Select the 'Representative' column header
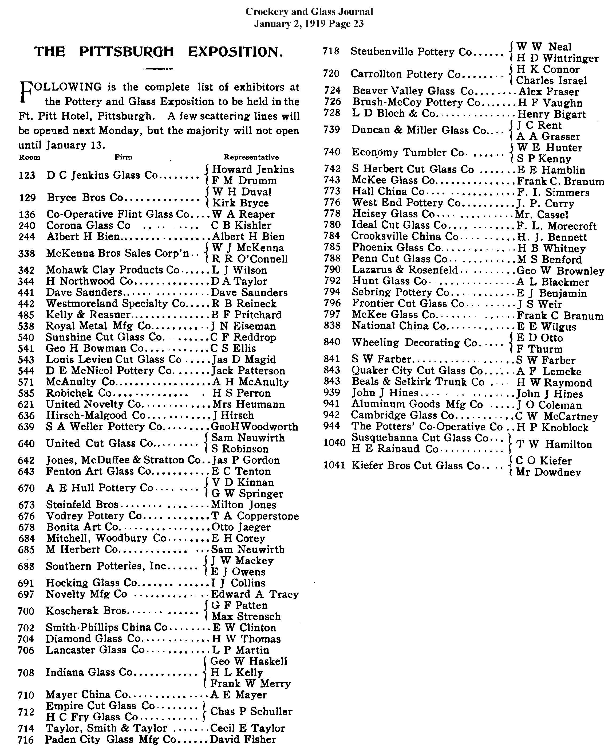point(251,157)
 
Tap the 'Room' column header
point(29,157)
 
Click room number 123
point(27,175)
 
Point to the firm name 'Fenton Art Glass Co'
point(98,471)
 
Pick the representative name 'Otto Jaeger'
point(241,527)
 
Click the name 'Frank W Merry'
point(250,683)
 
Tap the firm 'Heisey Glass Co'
point(393,214)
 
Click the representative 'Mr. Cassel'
point(542,215)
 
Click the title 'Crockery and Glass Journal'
point(309,12)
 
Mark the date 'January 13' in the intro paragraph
point(76,145)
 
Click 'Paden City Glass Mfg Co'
point(110,739)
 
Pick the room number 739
point(332,130)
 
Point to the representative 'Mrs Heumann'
point(248,404)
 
